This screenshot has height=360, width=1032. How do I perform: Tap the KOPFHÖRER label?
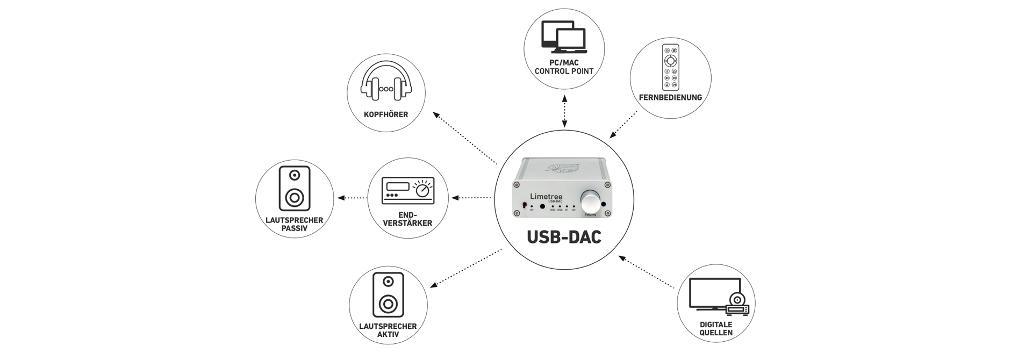click(x=385, y=114)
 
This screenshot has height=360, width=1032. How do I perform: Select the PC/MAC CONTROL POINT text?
click(x=564, y=67)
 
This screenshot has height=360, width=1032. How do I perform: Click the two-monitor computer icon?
click(x=564, y=37)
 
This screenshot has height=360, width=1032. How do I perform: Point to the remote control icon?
click(x=670, y=67)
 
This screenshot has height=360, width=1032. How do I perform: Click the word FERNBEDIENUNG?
click(x=670, y=97)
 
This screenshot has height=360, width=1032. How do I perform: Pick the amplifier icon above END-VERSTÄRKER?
click(x=407, y=191)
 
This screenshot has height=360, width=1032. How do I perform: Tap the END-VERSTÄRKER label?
click(x=407, y=219)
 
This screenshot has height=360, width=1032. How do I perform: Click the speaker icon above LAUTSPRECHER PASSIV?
click(x=295, y=188)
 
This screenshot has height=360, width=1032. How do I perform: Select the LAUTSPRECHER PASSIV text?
click(x=294, y=224)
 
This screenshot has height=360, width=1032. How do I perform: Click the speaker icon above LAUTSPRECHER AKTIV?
click(x=388, y=294)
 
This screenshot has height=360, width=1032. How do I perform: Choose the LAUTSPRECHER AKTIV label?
click(x=388, y=330)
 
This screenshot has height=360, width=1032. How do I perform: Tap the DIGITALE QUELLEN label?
click(x=716, y=328)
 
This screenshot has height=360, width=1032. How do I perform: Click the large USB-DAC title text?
click(x=564, y=237)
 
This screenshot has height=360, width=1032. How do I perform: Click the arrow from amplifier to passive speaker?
click(x=352, y=198)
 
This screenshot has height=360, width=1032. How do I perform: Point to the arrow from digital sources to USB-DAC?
click(x=647, y=272)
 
